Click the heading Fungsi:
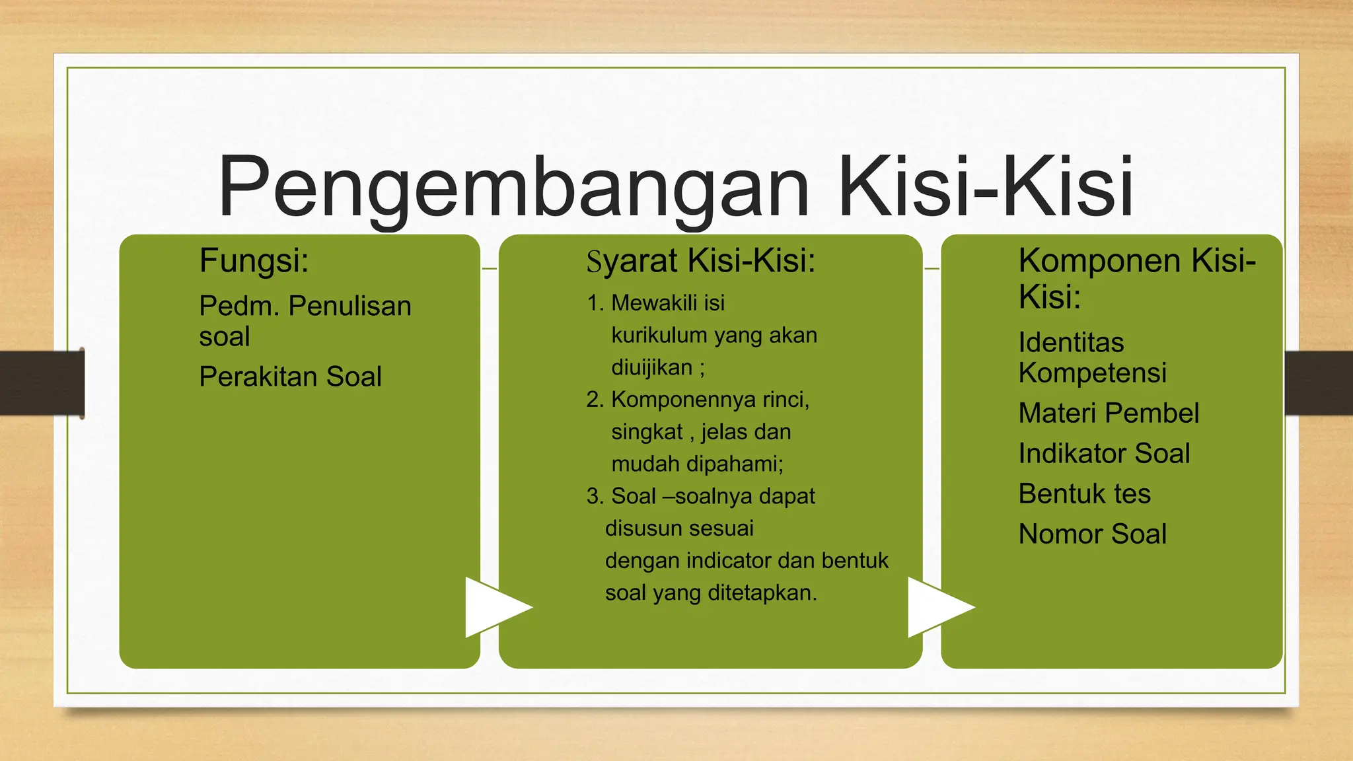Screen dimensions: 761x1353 point(254,260)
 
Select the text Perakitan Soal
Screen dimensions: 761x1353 point(290,377)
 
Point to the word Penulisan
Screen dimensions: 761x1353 point(350,306)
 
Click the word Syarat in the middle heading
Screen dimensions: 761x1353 point(632,261)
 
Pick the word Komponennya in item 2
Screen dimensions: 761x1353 point(683,399)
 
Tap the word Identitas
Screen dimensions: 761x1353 point(1071,342)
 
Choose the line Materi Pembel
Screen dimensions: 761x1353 point(1109,413)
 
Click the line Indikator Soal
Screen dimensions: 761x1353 point(1104,453)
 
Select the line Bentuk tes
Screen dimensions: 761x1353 point(1084,493)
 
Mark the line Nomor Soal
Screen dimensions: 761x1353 point(1093,534)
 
